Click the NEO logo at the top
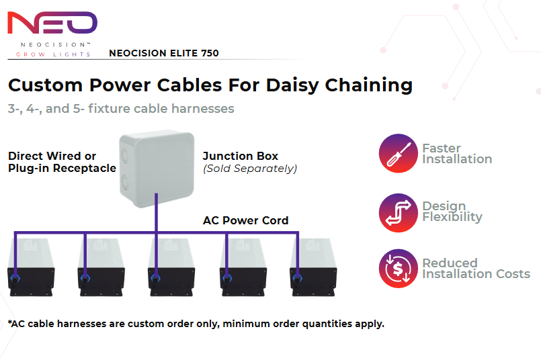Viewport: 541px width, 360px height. point(52,23)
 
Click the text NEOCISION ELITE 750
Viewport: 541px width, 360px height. point(163,53)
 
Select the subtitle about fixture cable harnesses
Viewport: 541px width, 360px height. point(121,108)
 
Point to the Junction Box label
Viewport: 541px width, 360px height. point(241,156)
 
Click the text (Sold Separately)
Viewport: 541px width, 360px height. point(249,169)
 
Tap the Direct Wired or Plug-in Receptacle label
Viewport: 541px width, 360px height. point(62,163)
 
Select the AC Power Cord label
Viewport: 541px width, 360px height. point(246,220)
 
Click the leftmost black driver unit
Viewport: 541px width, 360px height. point(32,263)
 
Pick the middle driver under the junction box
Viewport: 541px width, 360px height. point(172,263)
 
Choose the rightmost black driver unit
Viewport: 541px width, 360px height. point(313,263)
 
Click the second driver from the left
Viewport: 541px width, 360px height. point(101,263)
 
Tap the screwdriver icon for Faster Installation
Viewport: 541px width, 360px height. point(399,154)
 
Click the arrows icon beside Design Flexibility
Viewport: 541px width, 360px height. point(399,212)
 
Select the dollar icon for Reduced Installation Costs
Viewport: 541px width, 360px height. point(399,269)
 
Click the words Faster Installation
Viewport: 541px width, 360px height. point(457,154)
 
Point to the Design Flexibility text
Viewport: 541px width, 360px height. point(452,212)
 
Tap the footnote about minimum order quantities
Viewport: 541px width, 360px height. point(196,324)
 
